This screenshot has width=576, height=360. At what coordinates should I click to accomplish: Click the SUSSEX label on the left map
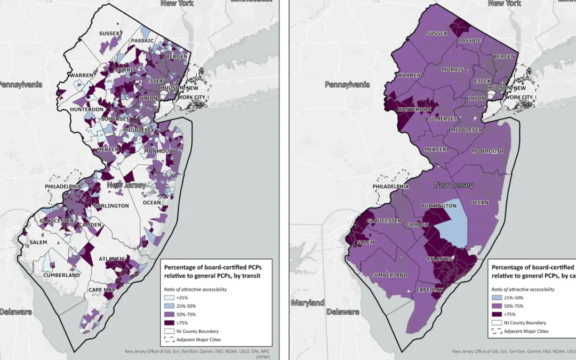[109, 34]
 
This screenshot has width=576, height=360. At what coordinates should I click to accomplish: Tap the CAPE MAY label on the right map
[429, 291]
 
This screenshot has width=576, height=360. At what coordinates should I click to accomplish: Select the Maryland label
[308, 303]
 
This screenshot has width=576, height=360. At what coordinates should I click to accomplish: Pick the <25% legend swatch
[169, 298]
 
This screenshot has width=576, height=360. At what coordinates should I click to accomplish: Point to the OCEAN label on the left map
[152, 203]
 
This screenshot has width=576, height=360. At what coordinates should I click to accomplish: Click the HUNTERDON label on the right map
[413, 109]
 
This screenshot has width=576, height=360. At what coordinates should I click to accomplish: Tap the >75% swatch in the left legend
[169, 322]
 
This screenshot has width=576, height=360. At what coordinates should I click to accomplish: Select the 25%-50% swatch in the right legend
[496, 298]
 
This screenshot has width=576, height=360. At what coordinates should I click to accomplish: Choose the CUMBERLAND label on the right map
[389, 275]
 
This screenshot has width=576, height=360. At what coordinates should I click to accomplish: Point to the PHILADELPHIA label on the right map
[391, 187]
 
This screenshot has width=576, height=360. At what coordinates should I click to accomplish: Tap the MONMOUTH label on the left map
[160, 151]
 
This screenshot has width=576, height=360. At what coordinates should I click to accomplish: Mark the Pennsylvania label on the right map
[347, 84]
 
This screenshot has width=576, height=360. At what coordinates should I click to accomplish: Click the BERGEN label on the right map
[504, 57]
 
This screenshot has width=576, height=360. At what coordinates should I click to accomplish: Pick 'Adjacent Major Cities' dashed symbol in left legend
[169, 339]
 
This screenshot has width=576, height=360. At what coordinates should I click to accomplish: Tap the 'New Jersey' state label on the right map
[454, 185]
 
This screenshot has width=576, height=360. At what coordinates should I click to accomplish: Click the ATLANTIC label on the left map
[112, 259]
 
